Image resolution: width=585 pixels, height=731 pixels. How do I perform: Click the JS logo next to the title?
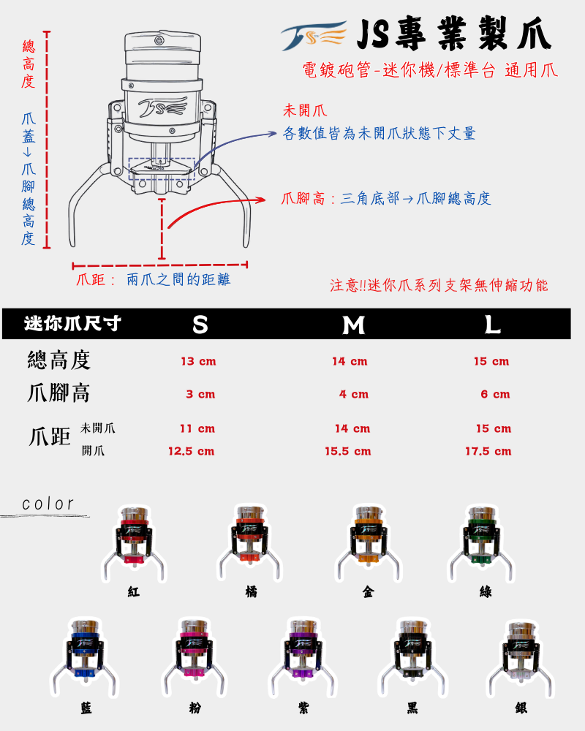click(x=314, y=36)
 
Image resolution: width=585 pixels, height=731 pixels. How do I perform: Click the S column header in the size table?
click(x=200, y=325)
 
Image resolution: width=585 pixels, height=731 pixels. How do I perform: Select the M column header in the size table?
click(x=354, y=325)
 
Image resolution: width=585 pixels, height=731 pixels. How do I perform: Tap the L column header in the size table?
click(x=493, y=325)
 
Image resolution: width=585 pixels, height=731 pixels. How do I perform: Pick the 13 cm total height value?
click(x=198, y=361)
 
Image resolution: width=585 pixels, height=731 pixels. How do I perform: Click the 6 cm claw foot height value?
click(x=495, y=394)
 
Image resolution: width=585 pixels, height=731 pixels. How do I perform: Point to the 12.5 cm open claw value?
click(x=191, y=451)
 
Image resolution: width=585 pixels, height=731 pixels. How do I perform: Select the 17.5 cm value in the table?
click(x=488, y=451)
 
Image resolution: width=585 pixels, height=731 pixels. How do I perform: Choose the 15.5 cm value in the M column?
click(x=348, y=451)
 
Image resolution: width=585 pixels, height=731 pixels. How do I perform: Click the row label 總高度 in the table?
click(x=58, y=360)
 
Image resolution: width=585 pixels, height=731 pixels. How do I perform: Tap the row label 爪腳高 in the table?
click(x=58, y=393)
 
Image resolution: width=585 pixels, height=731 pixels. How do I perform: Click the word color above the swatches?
click(x=48, y=504)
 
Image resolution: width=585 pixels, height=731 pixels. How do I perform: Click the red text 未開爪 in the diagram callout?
click(x=304, y=112)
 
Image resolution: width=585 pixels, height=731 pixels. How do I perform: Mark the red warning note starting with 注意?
click(x=439, y=285)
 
